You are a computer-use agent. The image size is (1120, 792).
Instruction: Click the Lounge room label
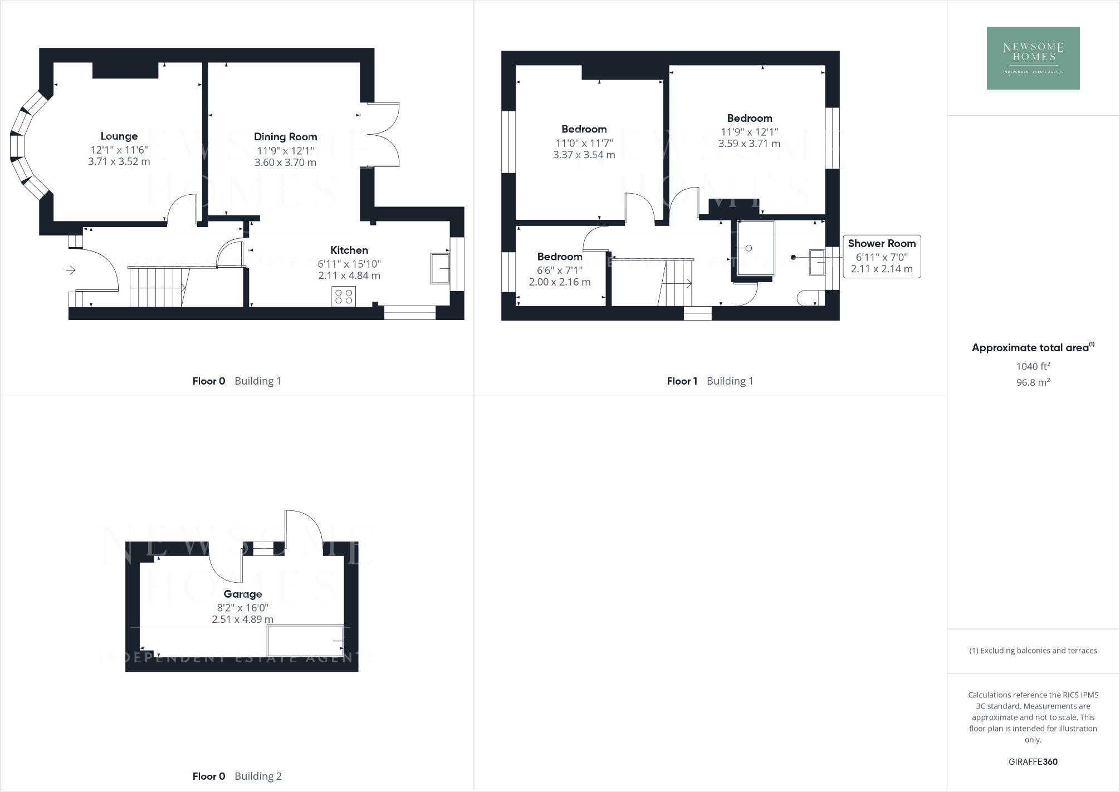[x=119, y=136]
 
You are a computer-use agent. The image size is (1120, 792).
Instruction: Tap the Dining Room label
[x=285, y=137]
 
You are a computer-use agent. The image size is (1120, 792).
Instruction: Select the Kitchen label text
[x=349, y=250]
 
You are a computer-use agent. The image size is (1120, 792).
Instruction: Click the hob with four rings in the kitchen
[x=344, y=296]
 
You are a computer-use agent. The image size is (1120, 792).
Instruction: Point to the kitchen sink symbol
[x=440, y=269]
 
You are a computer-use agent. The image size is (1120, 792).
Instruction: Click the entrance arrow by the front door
[x=71, y=270]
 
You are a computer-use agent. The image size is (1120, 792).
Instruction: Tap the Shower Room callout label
[x=882, y=244]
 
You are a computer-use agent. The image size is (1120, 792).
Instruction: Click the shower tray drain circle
[x=749, y=248]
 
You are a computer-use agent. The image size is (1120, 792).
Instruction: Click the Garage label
[x=243, y=594]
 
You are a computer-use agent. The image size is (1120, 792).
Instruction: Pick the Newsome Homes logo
[x=1033, y=58]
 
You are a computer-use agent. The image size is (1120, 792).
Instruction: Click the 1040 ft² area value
[x=1033, y=366]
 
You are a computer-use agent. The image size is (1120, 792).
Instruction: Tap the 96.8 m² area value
[x=1033, y=382]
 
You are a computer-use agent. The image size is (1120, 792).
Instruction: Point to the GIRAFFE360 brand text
[x=1033, y=762]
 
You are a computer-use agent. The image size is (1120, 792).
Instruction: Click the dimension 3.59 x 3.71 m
[x=749, y=144]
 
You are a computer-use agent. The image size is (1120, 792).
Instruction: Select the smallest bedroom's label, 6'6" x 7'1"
[x=560, y=270]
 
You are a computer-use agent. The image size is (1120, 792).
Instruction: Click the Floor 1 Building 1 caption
[x=710, y=381]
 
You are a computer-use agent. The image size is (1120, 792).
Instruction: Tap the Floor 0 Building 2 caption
[x=237, y=776]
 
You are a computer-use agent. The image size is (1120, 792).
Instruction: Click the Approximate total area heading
[x=1031, y=348]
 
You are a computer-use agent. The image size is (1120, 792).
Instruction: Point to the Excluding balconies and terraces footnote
[x=1033, y=651]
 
